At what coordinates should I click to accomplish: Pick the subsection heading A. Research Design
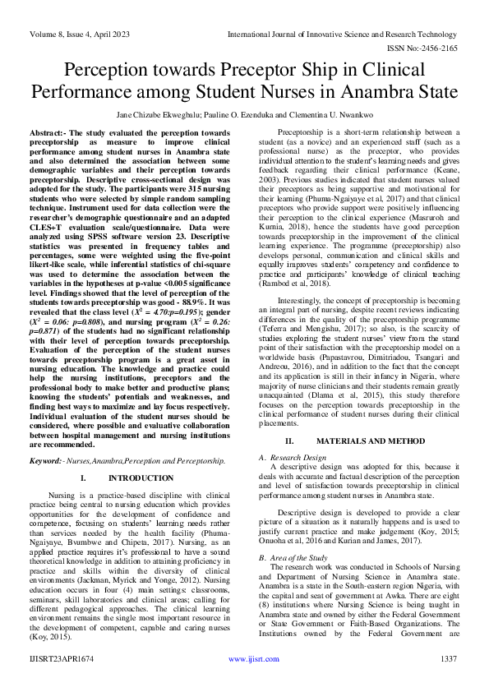click(295, 457)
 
